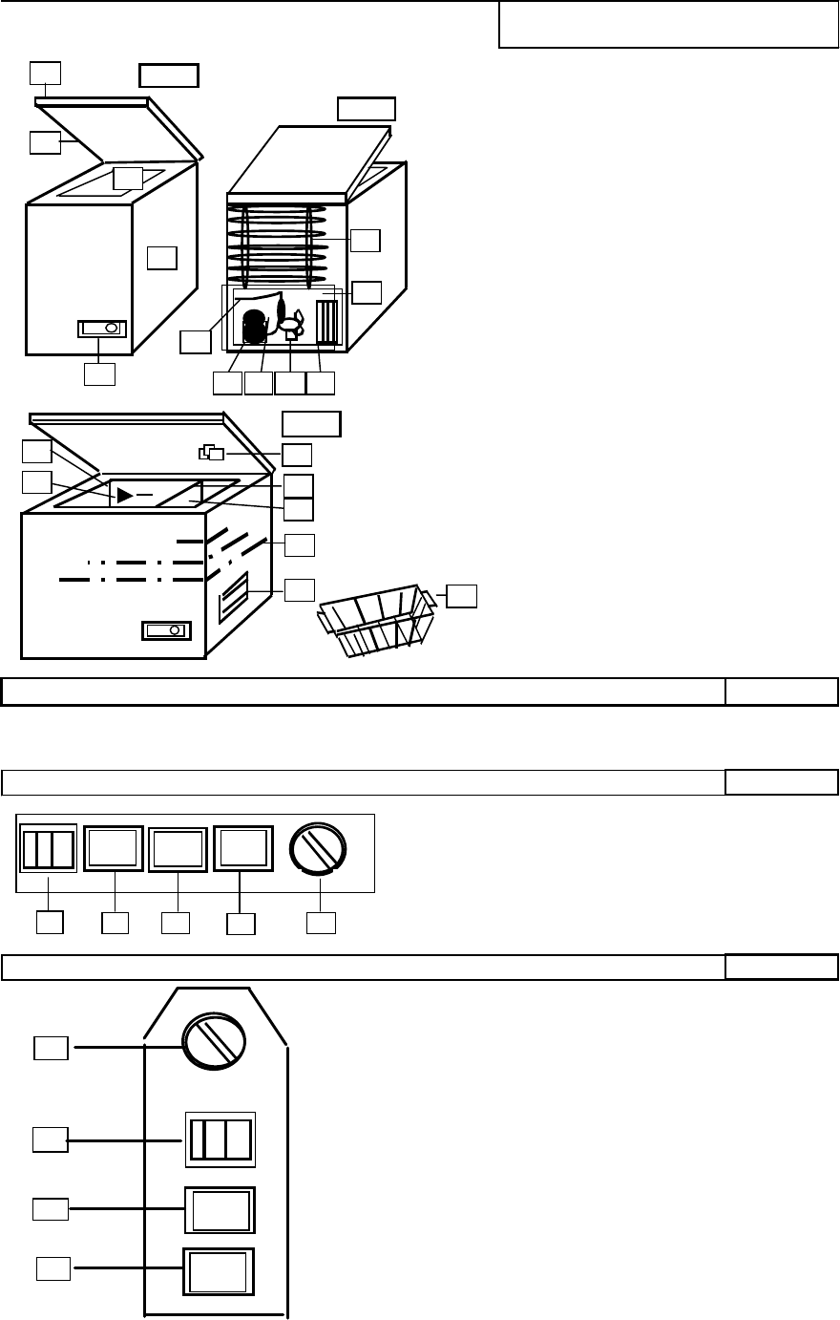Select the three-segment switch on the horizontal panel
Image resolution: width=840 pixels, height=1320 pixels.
click(x=49, y=847)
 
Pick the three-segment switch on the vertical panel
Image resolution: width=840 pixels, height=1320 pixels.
click(x=220, y=1139)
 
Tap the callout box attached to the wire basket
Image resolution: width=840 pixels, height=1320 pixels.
click(x=462, y=596)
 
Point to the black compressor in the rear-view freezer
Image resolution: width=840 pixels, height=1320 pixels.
click(x=256, y=327)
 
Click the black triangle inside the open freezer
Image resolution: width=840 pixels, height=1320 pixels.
click(x=125, y=495)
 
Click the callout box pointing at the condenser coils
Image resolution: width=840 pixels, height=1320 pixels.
click(x=365, y=240)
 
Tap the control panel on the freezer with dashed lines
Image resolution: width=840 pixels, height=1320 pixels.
click(x=166, y=631)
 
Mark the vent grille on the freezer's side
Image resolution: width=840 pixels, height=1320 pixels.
click(x=234, y=591)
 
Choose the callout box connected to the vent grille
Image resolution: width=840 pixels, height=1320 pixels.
click(x=300, y=589)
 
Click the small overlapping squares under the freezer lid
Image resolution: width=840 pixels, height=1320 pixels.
click(x=213, y=453)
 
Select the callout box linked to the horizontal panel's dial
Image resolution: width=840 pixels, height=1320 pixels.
click(x=320, y=923)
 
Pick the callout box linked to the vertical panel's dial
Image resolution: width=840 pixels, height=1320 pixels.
click(x=51, y=1048)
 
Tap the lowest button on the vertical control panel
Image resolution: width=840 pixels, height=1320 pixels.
click(x=220, y=1271)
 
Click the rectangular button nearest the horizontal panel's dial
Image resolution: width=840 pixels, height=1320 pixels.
click(x=243, y=848)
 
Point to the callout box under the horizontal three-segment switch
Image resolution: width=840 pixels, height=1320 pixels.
click(x=50, y=923)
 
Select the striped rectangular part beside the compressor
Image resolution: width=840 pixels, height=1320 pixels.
click(x=326, y=323)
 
